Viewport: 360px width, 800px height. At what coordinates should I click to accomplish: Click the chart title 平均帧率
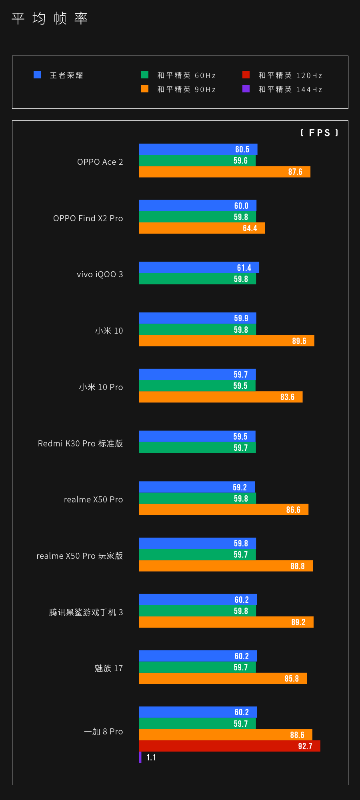click(x=50, y=18)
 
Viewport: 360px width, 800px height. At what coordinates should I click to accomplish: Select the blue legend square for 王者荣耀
click(x=37, y=75)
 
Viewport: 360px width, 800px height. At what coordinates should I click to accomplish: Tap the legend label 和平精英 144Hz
click(x=290, y=89)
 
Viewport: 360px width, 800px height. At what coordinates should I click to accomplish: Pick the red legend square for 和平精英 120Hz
click(x=246, y=75)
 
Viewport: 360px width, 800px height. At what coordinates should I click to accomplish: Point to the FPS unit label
click(x=319, y=133)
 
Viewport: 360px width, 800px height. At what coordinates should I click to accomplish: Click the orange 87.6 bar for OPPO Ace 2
click(x=224, y=172)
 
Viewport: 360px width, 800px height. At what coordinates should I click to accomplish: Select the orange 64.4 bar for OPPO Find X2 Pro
click(x=202, y=228)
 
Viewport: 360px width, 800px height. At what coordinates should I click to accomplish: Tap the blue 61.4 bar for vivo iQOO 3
click(x=199, y=268)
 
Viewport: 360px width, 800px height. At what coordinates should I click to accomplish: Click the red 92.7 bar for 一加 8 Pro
click(x=230, y=746)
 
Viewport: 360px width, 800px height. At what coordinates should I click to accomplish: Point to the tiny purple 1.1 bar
click(x=140, y=757)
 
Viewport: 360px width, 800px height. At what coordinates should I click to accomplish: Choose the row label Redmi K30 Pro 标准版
click(x=80, y=443)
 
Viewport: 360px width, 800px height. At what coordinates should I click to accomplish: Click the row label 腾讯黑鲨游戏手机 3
click(x=86, y=612)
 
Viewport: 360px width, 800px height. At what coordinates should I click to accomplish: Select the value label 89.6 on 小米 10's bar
click(x=299, y=341)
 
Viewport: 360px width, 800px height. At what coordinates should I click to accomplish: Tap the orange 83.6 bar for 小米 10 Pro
click(x=220, y=397)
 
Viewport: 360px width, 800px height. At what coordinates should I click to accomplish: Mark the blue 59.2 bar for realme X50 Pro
click(x=197, y=487)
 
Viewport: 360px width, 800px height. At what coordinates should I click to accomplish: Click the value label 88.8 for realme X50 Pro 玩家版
click(x=297, y=566)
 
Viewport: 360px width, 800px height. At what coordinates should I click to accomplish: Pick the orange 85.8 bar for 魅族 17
click(x=223, y=678)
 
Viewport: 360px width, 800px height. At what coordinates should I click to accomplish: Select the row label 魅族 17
click(x=109, y=668)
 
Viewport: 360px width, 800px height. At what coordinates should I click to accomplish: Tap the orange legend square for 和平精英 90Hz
click(x=145, y=89)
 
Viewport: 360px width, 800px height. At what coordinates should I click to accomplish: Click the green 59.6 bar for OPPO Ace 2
click(x=197, y=160)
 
